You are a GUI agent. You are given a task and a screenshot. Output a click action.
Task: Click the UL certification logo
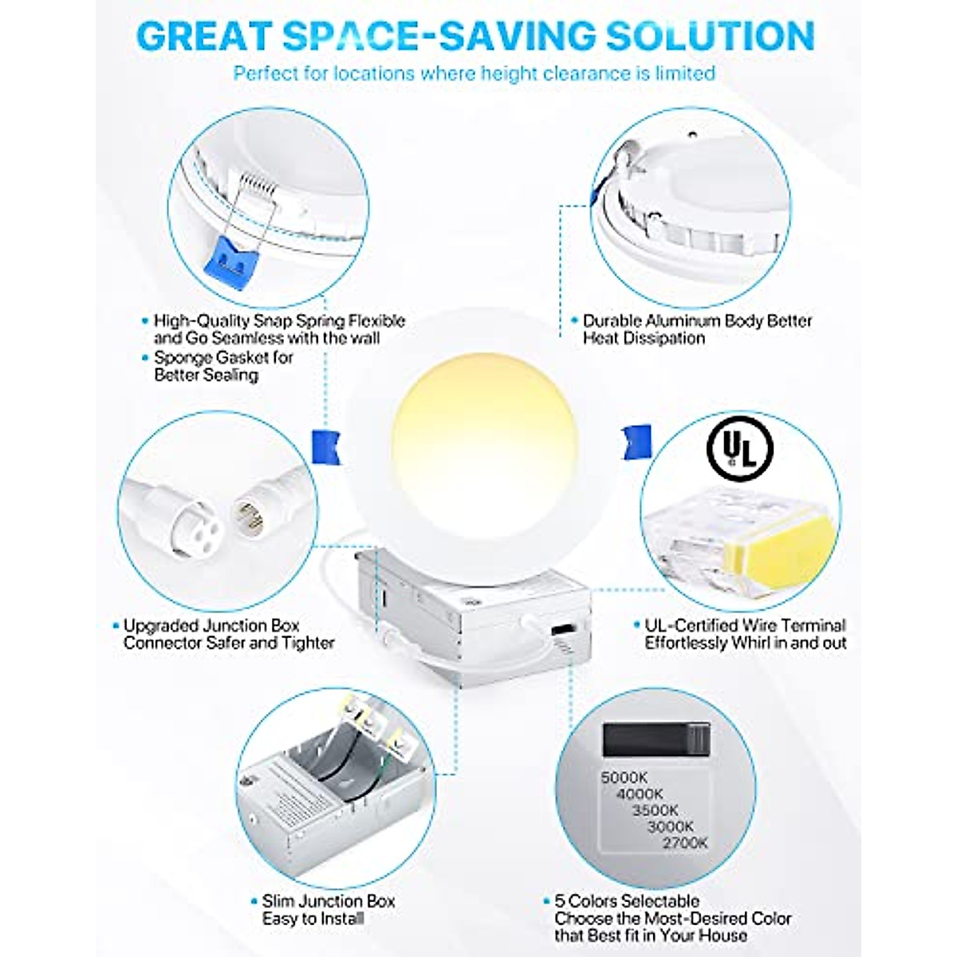click(739, 450)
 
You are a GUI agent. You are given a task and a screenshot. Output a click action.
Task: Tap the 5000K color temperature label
click(624, 777)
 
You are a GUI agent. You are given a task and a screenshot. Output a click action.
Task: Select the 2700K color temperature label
click(684, 842)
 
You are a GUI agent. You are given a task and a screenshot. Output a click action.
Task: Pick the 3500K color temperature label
click(655, 809)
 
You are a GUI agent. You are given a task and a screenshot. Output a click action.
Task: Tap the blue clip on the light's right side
click(636, 440)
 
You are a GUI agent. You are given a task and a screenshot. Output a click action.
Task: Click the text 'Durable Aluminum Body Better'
click(697, 321)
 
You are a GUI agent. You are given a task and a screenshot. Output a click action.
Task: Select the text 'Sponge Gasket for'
click(223, 357)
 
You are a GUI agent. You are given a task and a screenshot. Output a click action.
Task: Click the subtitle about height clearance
click(474, 73)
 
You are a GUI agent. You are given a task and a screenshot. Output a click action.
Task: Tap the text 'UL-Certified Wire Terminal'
click(745, 625)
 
